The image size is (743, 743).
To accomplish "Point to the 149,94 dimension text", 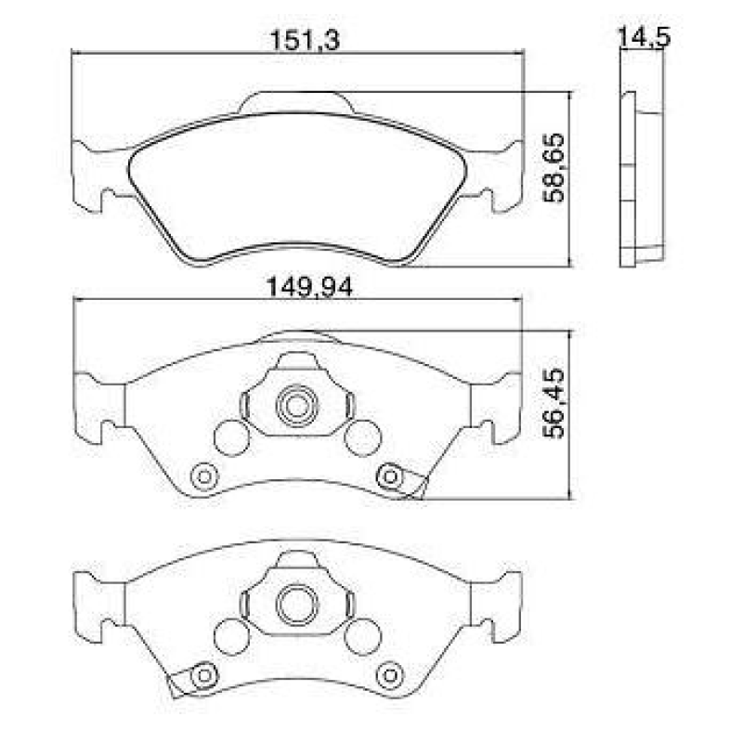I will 300,289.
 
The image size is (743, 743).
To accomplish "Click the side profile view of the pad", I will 641,176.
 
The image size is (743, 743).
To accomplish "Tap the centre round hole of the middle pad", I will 297,405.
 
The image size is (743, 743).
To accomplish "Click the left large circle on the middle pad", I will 230,437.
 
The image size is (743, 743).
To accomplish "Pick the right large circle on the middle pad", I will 362,437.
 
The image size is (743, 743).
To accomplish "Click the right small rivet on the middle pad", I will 391,476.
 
